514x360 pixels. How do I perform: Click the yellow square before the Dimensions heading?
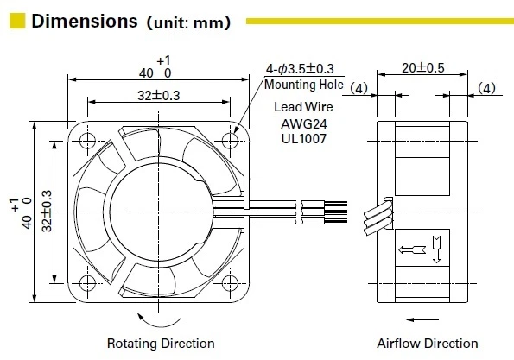(x=16, y=22)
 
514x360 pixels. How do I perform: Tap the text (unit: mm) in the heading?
(x=187, y=22)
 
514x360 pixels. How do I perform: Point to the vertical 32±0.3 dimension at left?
(x=48, y=210)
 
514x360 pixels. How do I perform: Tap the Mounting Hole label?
(x=303, y=85)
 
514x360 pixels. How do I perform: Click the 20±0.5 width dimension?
(x=423, y=69)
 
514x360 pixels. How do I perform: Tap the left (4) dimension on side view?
(x=360, y=87)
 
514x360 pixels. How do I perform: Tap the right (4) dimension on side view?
(x=487, y=87)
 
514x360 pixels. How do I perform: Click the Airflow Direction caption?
(x=427, y=343)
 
